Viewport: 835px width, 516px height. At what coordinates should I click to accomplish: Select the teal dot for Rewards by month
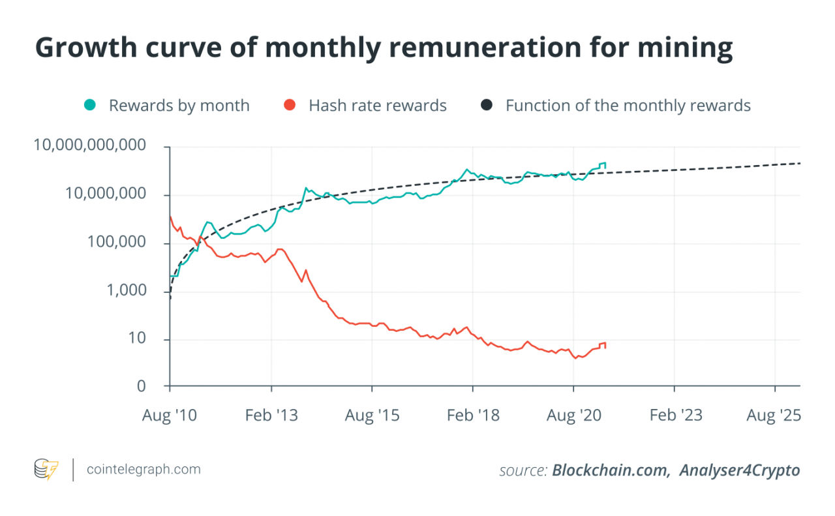[x=90, y=105]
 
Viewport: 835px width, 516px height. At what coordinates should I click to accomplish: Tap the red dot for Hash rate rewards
[x=290, y=105]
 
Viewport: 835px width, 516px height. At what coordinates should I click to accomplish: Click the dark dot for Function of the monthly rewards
[x=487, y=105]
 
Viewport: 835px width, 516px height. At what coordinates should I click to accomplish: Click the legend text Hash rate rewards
[x=378, y=106]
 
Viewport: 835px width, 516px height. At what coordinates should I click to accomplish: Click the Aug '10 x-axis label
[x=169, y=415]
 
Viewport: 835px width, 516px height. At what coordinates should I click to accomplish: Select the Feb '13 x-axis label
[x=271, y=415]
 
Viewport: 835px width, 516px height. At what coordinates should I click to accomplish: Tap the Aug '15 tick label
[x=371, y=415]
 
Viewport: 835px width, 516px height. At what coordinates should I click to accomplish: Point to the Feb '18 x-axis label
[x=472, y=415]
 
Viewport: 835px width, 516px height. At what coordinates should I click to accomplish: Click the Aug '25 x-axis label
[x=774, y=415]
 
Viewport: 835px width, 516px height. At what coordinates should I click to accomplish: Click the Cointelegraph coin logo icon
[x=46, y=469]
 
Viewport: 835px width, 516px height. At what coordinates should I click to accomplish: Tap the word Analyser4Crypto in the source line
[x=739, y=470]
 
